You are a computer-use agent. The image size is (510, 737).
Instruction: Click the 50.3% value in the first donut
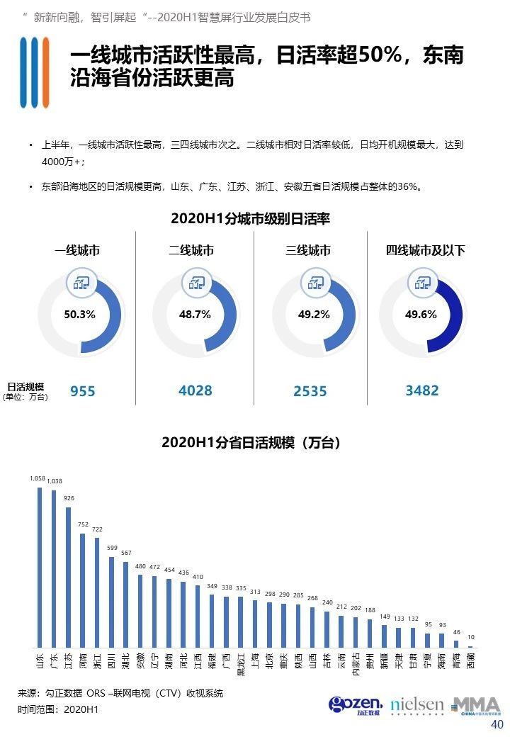79,314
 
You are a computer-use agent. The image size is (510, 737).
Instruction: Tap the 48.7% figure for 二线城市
194,314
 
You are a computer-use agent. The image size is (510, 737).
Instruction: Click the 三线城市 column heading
308,250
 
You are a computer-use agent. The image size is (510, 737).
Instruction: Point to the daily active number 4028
195,390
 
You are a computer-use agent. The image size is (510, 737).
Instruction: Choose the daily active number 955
83,391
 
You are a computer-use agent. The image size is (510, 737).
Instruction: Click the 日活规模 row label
25,387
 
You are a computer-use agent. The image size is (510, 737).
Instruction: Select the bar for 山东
40,568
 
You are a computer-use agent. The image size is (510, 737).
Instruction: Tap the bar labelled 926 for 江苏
68,578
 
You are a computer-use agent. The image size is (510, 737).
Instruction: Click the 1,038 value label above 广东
55,481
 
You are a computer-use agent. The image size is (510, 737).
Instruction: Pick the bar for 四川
111,602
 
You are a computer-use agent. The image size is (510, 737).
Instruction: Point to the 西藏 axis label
470,660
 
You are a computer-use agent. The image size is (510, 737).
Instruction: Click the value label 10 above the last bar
471,637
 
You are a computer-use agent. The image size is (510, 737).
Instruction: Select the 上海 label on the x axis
255,660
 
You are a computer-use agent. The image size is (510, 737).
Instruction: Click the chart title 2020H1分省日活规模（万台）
251,442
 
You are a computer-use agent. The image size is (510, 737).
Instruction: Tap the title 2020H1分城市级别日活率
250,218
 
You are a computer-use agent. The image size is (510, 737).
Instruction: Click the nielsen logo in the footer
417,706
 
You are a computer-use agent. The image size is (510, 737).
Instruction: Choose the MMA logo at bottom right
476,706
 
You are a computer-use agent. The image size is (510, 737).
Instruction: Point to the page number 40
497,724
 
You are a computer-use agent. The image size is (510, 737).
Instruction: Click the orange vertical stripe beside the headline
45,72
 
